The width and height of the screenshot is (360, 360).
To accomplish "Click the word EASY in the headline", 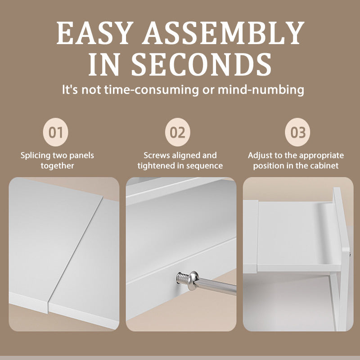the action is click(95, 33).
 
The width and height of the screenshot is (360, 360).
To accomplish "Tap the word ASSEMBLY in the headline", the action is click(223, 33).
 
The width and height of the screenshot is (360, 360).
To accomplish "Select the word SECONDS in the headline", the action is click(201, 64).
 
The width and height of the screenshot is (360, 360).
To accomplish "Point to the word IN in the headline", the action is click(104, 64).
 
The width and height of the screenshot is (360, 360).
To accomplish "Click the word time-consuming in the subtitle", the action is click(151, 90).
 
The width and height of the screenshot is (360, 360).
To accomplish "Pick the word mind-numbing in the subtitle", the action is click(261, 90).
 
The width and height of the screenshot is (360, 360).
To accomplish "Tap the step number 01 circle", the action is click(55, 132).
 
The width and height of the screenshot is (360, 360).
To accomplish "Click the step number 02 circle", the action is click(177, 132).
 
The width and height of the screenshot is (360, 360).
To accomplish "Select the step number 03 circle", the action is click(297, 132).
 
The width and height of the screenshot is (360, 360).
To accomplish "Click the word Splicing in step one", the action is click(36, 156).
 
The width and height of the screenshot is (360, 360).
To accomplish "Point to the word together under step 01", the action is click(58, 166).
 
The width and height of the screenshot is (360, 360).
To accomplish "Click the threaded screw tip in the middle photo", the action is click(183, 277).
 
